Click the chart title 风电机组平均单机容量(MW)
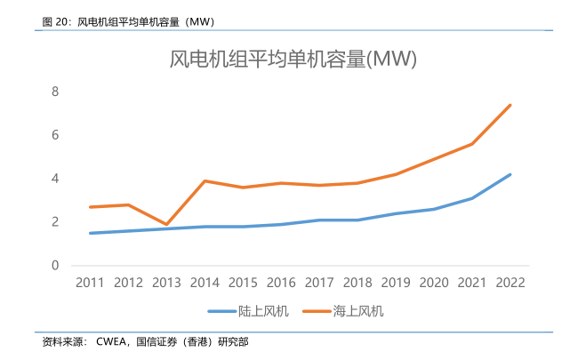[293, 60]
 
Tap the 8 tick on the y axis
[54, 92]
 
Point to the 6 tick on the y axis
[54, 135]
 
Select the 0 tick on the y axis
[54, 266]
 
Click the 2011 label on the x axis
[90, 282]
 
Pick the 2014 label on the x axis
[205, 282]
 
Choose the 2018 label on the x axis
[357, 282]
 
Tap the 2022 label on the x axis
[510, 282]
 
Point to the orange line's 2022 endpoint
[510, 105]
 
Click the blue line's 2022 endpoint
[510, 174]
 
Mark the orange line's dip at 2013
[166, 225]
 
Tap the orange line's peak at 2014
[205, 181]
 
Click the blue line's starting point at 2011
[90, 233]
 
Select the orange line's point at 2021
[472, 144]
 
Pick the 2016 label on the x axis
[281, 282]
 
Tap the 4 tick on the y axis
[54, 179]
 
